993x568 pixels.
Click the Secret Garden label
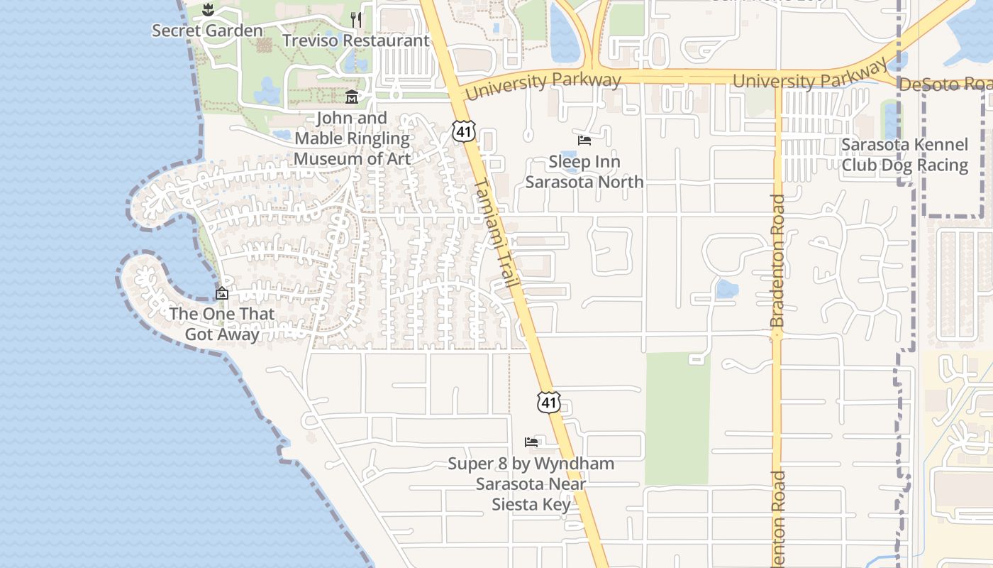coord(207,31)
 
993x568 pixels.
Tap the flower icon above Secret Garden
coord(207,11)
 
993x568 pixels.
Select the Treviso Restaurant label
coord(355,40)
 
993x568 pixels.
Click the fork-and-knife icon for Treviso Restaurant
coord(356,20)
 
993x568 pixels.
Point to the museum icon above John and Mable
coord(352,97)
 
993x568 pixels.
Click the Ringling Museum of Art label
coord(352,138)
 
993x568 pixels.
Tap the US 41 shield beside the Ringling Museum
coord(464,131)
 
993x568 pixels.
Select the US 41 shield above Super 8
coord(548,402)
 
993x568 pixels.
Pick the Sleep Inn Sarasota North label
coord(584,172)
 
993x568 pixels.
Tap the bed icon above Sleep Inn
coord(584,141)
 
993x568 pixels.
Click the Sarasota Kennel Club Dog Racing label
coord(904,155)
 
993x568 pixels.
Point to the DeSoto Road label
coord(945,84)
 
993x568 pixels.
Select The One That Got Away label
coord(222,324)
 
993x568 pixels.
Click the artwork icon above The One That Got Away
coord(222,293)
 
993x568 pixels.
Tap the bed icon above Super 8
coord(531,442)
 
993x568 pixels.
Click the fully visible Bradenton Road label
coord(777,261)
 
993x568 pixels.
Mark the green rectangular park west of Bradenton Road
coord(677,418)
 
